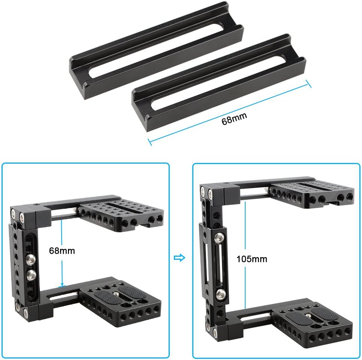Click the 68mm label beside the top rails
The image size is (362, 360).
point(234,118)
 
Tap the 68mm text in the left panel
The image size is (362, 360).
point(62,251)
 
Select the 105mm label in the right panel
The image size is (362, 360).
point(252,259)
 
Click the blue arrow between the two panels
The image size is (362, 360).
point(179,258)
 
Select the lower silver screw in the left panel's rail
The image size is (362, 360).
point(31,274)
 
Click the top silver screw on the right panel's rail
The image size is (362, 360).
point(219,237)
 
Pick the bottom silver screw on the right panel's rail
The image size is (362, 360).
point(221,294)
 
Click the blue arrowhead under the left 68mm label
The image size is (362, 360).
point(62,285)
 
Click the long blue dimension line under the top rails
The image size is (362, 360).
point(229,113)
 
